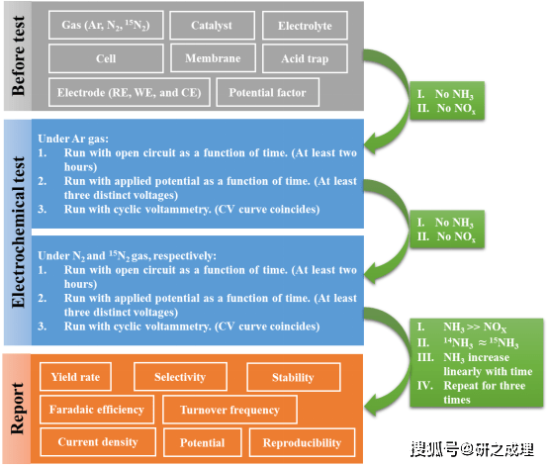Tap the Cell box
point(106,58)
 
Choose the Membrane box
point(213,58)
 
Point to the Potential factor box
point(267,93)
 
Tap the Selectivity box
point(179,377)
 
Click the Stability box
point(293,377)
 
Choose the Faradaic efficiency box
point(96,409)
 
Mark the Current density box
point(97,442)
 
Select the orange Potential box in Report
point(202,442)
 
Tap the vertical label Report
point(18,406)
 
